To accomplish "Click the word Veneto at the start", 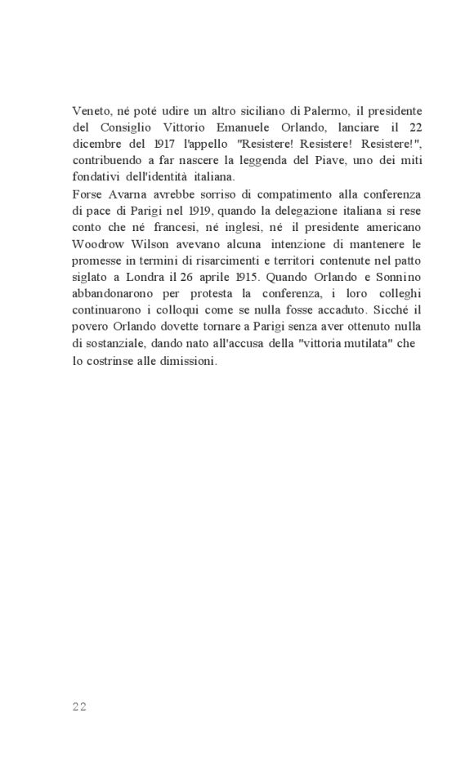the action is click(90, 110).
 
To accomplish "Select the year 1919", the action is click(191, 216).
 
